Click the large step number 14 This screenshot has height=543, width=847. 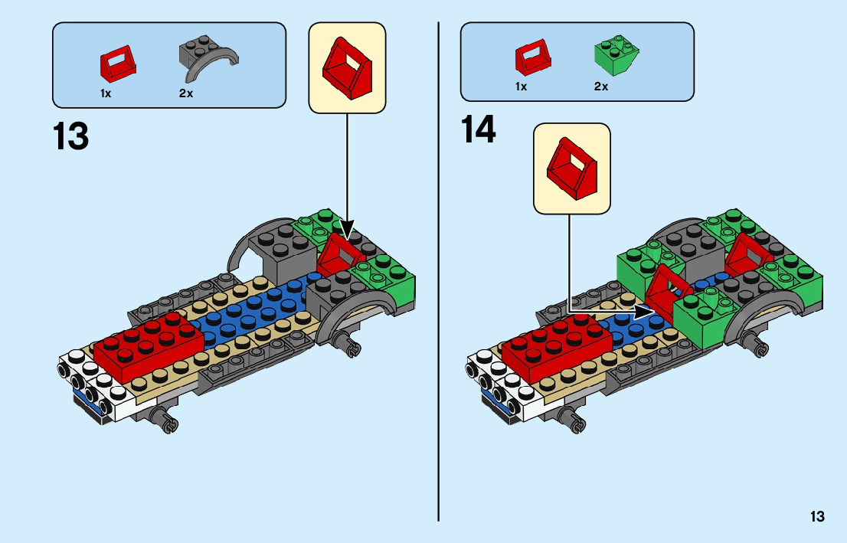pos(479,130)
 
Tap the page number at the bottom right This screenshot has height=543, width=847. pos(816,517)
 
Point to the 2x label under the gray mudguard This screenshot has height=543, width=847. pos(186,93)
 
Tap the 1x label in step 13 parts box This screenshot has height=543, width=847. pos(106,93)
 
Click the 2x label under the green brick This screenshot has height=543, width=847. pos(601,87)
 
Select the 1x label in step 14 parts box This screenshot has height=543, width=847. pos(521,87)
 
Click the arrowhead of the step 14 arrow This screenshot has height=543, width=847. pos(643,312)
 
